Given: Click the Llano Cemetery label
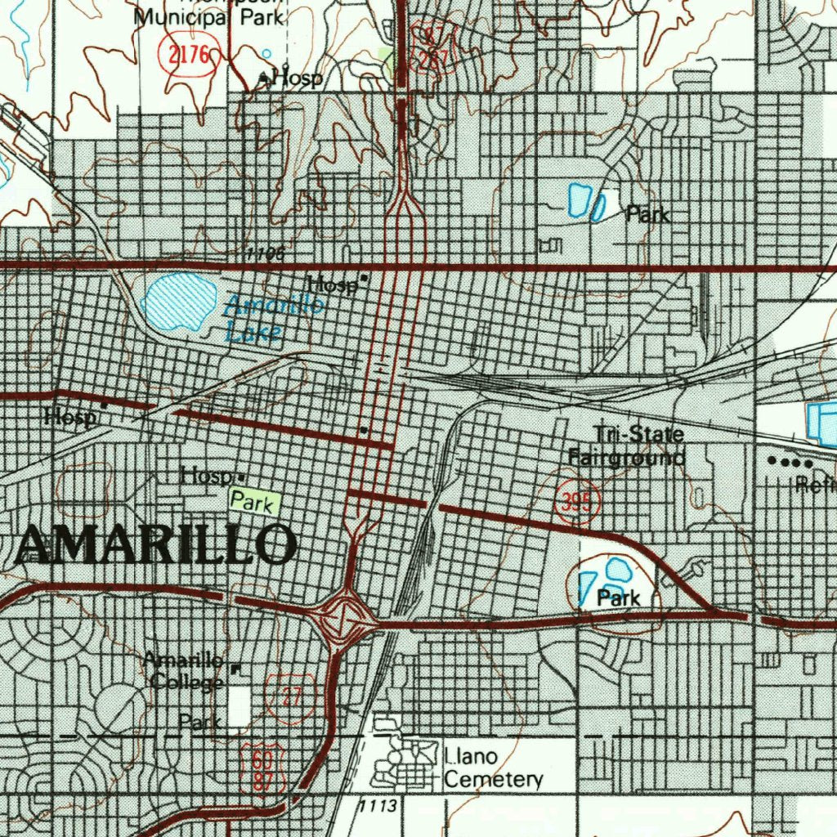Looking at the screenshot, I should coord(492,769).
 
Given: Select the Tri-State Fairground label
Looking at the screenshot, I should coord(626,445).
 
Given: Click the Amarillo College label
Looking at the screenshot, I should coord(183,670).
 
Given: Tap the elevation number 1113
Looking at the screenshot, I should coord(379,807).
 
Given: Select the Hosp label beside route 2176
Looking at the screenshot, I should coord(296,78).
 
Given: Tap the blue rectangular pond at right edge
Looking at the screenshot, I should coord(821,423).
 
